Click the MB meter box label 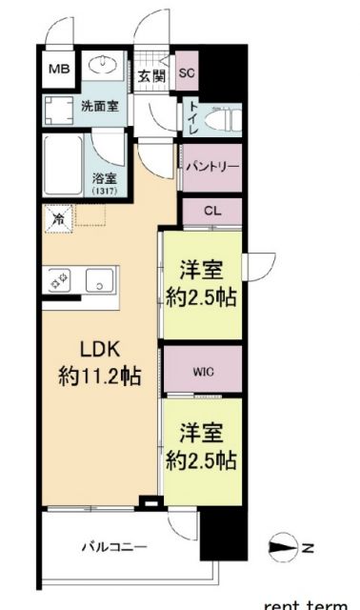59,70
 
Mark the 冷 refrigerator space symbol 57,219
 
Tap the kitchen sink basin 98,280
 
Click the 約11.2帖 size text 98,376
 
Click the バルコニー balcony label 113,547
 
